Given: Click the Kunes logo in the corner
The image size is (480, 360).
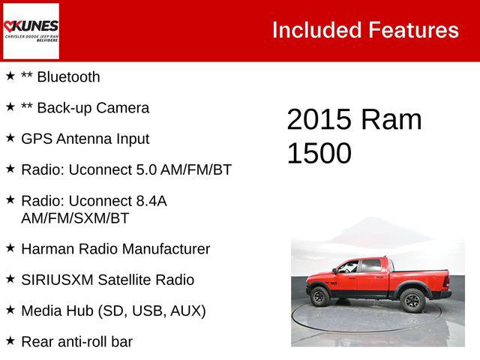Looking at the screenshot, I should (31, 31).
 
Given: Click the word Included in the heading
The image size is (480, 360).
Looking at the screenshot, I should (316, 30).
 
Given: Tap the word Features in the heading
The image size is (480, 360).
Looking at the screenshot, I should (413, 30).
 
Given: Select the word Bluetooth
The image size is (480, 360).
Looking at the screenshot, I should (68, 76).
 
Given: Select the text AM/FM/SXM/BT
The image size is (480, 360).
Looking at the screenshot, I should (75, 218).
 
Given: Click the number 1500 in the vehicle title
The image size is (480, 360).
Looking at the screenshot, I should (319, 153).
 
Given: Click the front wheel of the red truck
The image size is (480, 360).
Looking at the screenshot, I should (320, 296).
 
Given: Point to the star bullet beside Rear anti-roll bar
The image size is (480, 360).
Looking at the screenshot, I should (10, 340).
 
